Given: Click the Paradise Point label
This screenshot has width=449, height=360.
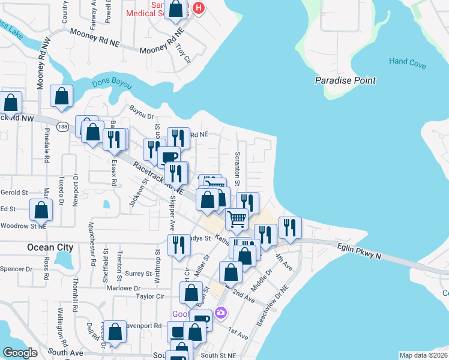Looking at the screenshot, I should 345,80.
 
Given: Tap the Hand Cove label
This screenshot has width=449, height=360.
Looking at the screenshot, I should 406,61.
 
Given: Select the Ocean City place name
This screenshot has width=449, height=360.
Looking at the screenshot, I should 50,247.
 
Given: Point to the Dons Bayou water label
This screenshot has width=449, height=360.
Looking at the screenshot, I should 112,84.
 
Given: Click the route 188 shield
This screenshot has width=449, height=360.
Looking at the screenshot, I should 63,127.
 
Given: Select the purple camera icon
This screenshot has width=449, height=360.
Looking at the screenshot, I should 221,313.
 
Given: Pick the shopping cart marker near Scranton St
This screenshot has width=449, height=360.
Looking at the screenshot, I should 237,219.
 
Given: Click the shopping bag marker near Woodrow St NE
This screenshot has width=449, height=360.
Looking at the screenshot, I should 41,211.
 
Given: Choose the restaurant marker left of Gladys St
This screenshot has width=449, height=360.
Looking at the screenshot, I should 179,245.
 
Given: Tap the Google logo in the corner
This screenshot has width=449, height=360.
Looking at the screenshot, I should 20,353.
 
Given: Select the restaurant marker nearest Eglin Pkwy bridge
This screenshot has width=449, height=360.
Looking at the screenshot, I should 289,227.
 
